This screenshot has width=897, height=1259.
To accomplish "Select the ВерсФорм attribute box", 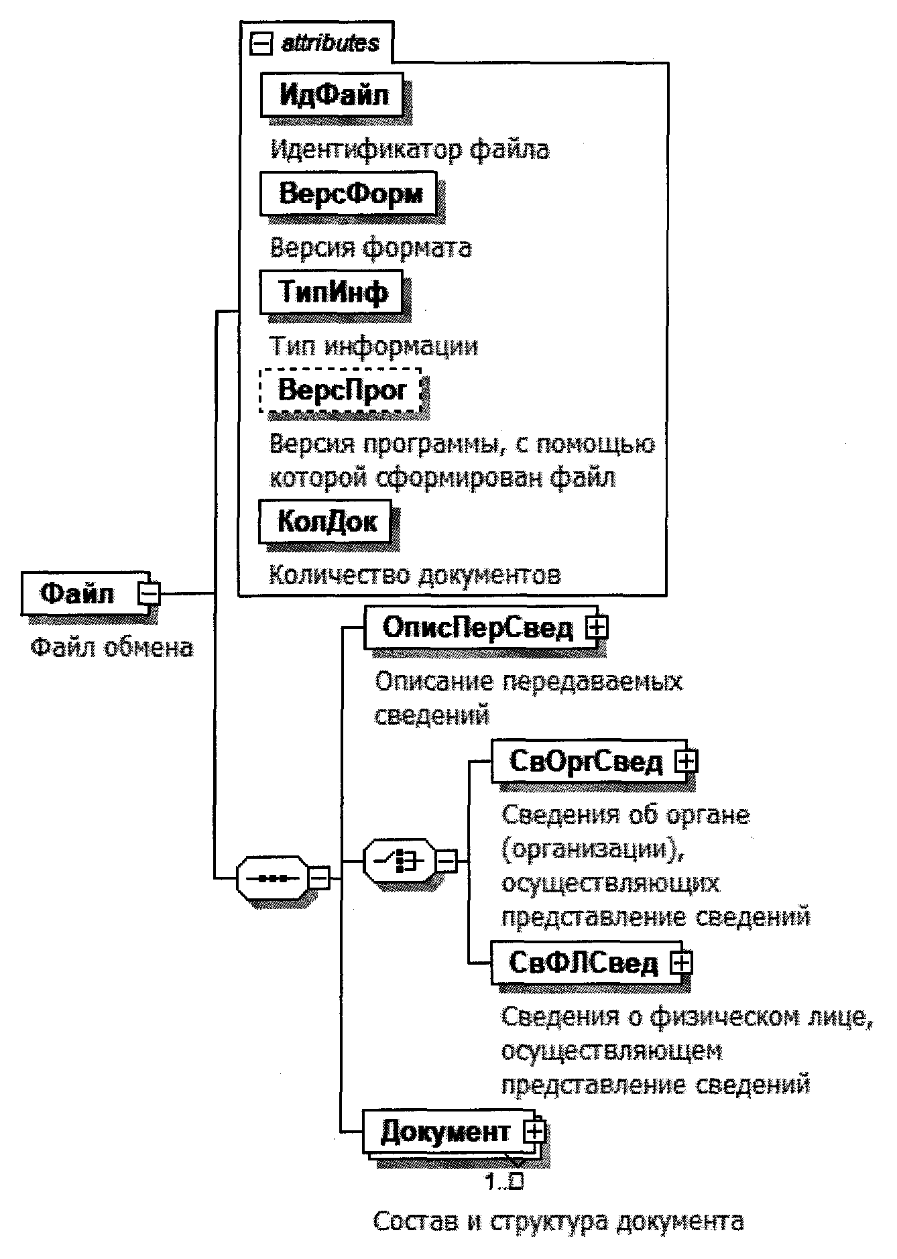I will (349, 194).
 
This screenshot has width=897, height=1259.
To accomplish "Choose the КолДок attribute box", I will (326, 522).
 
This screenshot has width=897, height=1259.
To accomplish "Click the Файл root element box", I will (79, 593).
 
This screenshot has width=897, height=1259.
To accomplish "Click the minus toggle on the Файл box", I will (149, 593).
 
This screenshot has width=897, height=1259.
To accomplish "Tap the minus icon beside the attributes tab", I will (260, 44).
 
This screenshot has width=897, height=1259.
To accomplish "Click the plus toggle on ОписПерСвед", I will (595, 627).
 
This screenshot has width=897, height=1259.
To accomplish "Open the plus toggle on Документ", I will (534, 1132).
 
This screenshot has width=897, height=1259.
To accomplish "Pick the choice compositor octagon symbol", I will (398, 860).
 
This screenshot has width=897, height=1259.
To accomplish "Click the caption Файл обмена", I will (112, 648).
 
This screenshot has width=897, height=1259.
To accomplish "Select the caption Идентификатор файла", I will (410, 149).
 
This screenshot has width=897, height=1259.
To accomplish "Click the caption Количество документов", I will (415, 575).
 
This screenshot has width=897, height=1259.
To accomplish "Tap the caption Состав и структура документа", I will (558, 1220).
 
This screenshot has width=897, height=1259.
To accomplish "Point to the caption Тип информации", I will (374, 346).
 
